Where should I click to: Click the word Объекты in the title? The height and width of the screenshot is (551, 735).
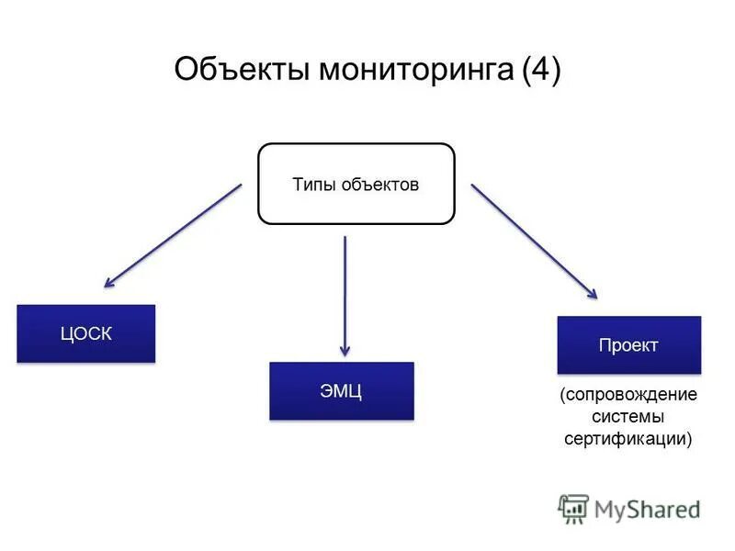(242, 71)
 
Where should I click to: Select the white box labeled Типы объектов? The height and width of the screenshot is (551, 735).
(356, 184)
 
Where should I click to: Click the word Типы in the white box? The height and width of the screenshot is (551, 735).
(312, 185)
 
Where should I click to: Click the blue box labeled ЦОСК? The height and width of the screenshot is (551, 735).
(86, 333)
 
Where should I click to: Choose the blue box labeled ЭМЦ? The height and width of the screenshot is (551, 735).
(342, 391)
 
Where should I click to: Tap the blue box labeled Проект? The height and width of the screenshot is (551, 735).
(628, 345)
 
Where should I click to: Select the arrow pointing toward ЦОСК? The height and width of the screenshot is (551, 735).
(173, 235)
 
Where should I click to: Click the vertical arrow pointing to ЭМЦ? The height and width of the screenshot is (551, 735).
(345, 294)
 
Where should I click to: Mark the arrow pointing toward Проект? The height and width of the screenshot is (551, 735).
(534, 241)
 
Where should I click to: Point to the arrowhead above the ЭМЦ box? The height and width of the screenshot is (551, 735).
(345, 350)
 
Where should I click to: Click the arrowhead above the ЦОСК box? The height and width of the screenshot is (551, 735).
(109, 283)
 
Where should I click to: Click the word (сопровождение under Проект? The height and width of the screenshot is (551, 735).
(628, 395)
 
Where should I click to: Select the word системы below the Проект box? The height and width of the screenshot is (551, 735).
(628, 417)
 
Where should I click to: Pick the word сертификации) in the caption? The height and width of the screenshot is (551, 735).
(628, 439)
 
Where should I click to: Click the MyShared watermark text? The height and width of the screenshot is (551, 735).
(648, 508)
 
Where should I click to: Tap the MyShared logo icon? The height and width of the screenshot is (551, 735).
(573, 508)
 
